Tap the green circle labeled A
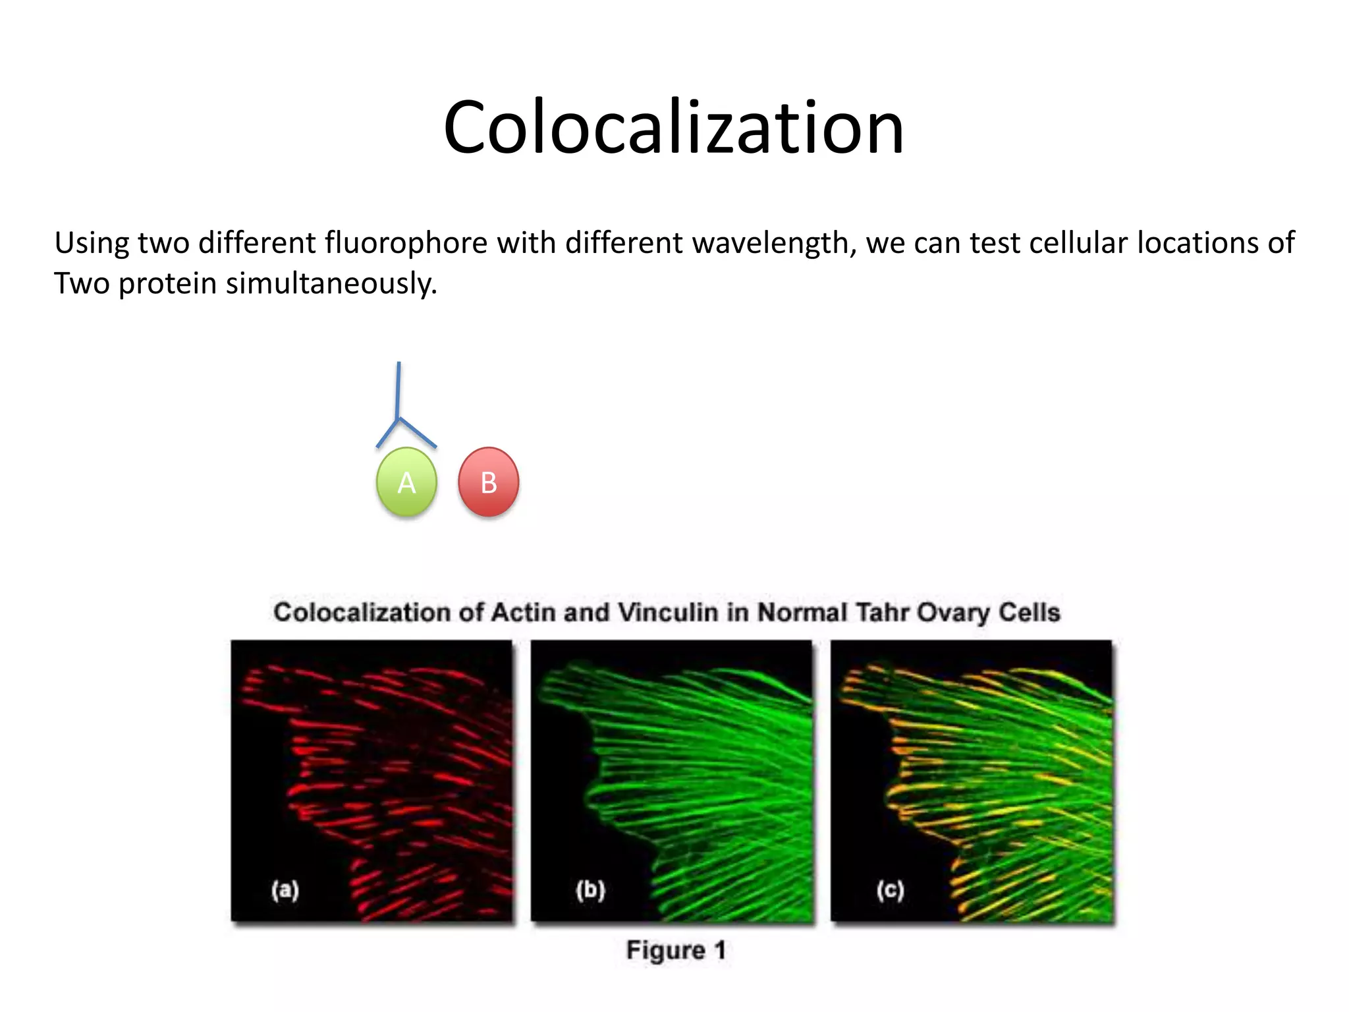406,482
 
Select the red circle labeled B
488,482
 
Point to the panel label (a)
285,890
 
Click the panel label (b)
590,890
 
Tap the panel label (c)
890,890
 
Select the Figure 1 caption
676,950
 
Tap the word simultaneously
331,284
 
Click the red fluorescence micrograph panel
372,780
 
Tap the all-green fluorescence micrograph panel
672,780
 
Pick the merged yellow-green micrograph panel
972,780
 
